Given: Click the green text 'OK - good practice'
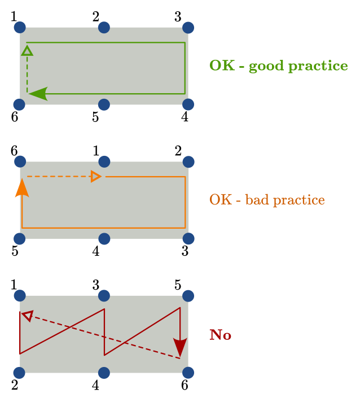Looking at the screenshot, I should [x=278, y=65].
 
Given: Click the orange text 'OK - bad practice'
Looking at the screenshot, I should [x=267, y=200].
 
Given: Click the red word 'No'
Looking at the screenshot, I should [x=220, y=335].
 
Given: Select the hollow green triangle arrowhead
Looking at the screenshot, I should [x=27, y=51].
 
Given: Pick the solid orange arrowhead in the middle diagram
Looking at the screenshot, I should [x=21, y=188].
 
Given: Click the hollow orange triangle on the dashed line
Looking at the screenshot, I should [x=96, y=177].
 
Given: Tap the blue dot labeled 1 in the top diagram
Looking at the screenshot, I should [x=20, y=27].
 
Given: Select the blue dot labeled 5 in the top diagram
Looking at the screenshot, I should [x=104, y=104].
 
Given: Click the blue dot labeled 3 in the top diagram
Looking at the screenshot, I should [x=188, y=27].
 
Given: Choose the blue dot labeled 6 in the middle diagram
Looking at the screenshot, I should [x=20, y=161].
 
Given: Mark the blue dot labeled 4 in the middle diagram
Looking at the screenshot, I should [x=104, y=239].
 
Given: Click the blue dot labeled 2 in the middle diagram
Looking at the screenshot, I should [x=188, y=161].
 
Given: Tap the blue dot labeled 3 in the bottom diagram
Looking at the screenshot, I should [x=104, y=296].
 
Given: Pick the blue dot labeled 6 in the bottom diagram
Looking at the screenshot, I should [x=188, y=373].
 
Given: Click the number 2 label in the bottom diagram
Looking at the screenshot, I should [x=15, y=386].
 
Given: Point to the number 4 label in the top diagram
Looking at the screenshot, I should [x=185, y=117].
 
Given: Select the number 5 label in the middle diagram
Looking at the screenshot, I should [x=15, y=251].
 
